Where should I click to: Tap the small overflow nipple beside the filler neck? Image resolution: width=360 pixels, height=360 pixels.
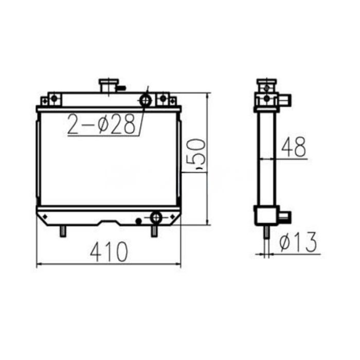click(x=121, y=88)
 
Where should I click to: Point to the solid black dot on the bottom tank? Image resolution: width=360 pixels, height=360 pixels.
click(x=138, y=221)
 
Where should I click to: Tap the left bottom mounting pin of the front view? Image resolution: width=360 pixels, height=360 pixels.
click(x=62, y=231)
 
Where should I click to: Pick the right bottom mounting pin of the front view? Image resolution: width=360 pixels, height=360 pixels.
click(x=154, y=231)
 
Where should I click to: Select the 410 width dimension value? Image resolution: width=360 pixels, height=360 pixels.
click(x=109, y=252)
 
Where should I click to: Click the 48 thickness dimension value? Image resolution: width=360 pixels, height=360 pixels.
click(x=293, y=148)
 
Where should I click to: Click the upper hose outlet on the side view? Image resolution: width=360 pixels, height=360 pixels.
click(x=284, y=97)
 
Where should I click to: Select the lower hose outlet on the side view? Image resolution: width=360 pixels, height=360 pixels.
click(x=284, y=216)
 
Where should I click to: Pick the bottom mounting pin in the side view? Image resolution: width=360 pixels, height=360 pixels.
click(x=266, y=232)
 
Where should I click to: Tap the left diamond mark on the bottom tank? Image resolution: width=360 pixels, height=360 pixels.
click(x=45, y=215)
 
